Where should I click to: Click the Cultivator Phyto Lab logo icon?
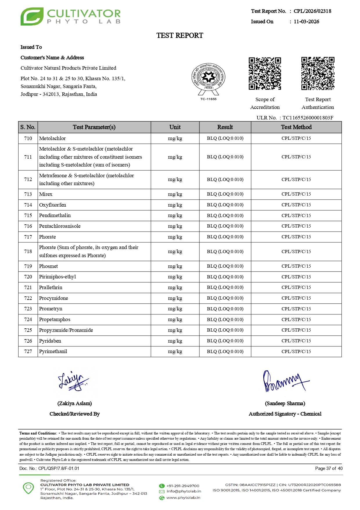pyautogui.click(x=32, y=17)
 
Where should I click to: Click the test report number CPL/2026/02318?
pyautogui.click(x=312, y=11)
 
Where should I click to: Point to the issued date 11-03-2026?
pyautogui.click(x=306, y=22)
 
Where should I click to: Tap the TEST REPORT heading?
pyautogui.click(x=180, y=35)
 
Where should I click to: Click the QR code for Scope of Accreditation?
pyautogui.click(x=265, y=74)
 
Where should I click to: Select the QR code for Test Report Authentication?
pyautogui.click(x=318, y=74)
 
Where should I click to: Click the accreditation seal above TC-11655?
pyautogui.click(x=208, y=78)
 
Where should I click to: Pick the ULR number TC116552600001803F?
pyautogui.click(x=308, y=118)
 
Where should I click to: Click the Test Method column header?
pyautogui.click(x=296, y=127)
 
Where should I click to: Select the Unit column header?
pyautogui.click(x=175, y=127)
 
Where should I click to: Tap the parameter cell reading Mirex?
pyautogui.click(x=46, y=194)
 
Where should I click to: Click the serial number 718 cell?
pyautogui.click(x=28, y=251)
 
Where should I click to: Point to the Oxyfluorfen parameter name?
pyautogui.click(x=53, y=205)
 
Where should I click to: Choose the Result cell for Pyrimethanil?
pyautogui.click(x=225, y=352)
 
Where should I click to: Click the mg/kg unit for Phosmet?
pyautogui.click(x=175, y=266)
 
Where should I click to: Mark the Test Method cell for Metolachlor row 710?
pyautogui.click(x=296, y=138)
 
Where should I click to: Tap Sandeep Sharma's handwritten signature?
pyautogui.click(x=285, y=381)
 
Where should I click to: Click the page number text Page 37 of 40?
pyautogui.click(x=329, y=468)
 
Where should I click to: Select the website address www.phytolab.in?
pyautogui.click(x=183, y=498)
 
